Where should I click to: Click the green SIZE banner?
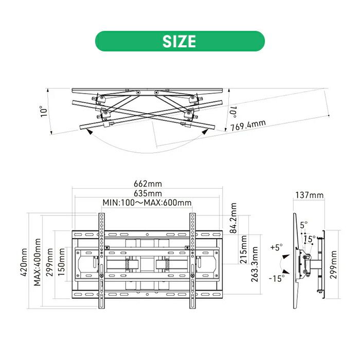180,41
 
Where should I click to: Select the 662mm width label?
148,184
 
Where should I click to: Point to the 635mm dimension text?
148,193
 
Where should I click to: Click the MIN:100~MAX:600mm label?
147,203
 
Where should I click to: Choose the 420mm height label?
24,262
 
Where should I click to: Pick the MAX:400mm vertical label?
37,262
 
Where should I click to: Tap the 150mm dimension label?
61,262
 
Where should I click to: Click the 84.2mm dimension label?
233,218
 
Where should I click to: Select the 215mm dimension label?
243,249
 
